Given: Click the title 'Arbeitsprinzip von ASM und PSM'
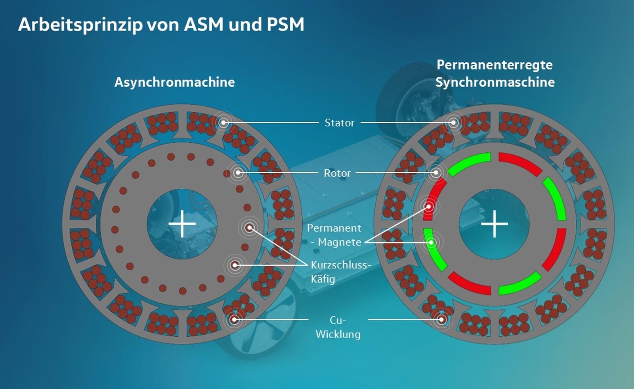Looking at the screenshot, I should (161, 25).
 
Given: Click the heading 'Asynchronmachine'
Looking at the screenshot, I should (174, 82).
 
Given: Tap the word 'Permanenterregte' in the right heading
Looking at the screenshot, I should (495, 65).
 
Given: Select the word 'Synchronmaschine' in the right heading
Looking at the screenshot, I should (495, 82).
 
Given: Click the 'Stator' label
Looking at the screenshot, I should (340, 123).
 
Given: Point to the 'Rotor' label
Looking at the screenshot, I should (337, 173).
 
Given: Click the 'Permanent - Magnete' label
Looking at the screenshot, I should (334, 235).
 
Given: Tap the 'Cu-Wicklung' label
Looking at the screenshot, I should (338, 327).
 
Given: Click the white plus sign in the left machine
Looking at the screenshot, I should (182, 224).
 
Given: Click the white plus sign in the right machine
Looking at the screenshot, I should (494, 224).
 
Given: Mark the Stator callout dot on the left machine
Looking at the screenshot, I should (223, 123).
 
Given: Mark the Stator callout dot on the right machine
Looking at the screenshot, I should (453, 123).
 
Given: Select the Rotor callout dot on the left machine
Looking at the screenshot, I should (238, 172).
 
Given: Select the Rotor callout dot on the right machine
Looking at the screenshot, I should (436, 172).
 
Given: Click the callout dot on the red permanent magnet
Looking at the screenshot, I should (428, 207).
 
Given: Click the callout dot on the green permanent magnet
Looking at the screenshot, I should (432, 242).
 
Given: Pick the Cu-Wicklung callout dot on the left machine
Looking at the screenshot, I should (234, 319).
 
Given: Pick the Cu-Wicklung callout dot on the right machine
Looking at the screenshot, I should (442, 319).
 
